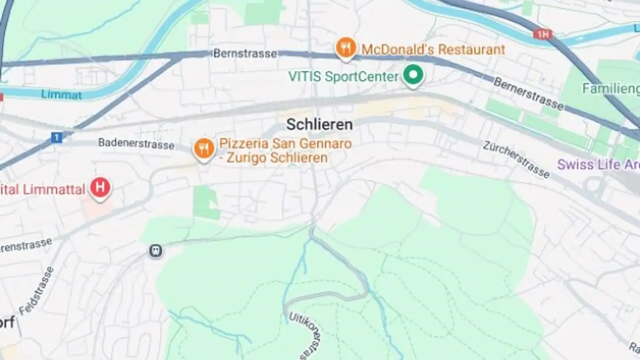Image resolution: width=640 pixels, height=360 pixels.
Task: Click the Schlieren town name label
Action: (x=319, y=124)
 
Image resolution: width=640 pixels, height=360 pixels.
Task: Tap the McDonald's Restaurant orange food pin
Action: (x=346, y=48)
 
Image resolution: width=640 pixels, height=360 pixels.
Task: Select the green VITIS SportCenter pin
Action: (x=413, y=75)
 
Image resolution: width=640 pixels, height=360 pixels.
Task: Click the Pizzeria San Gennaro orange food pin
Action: (x=204, y=149)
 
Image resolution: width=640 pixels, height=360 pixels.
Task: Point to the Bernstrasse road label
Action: (x=245, y=53)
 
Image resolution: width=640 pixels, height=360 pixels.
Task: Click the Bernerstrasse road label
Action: (x=528, y=94)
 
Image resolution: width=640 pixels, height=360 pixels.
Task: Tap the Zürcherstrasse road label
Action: (x=516, y=159)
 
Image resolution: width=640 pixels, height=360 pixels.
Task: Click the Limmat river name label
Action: (x=61, y=94)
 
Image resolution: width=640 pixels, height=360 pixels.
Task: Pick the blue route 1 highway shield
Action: (x=56, y=138)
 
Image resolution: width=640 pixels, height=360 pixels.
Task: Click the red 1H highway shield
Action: (x=543, y=34)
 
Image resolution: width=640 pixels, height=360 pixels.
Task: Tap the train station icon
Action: (x=156, y=251)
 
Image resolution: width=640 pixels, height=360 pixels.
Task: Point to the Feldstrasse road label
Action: (x=36, y=291)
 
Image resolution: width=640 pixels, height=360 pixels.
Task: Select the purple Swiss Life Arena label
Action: (x=598, y=164)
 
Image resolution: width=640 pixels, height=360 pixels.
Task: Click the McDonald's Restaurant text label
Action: (x=433, y=49)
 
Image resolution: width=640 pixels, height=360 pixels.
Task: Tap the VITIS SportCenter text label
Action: (x=343, y=76)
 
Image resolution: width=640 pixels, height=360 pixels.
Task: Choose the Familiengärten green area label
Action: (x=611, y=88)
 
